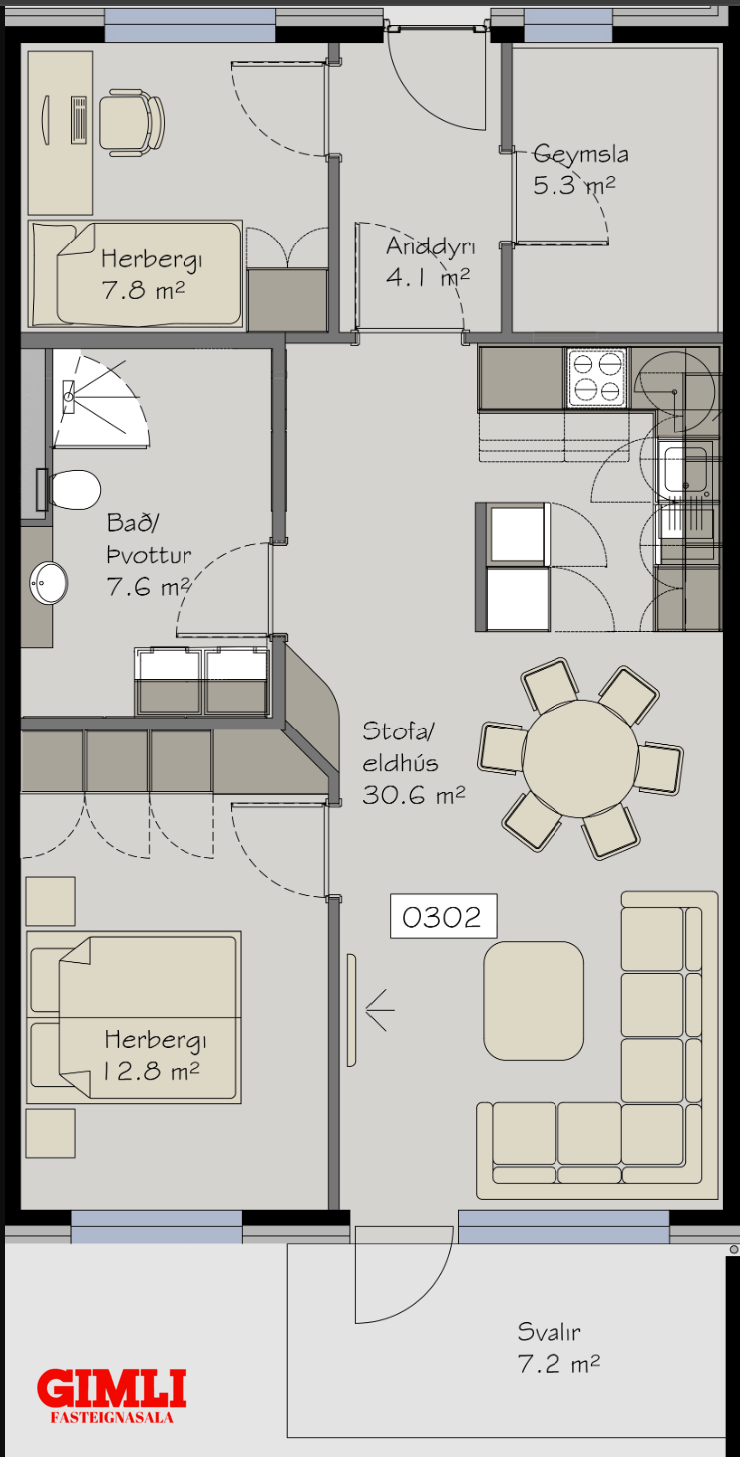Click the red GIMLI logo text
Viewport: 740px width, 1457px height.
(x=112, y=1387)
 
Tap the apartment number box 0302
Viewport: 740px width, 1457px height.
(x=443, y=916)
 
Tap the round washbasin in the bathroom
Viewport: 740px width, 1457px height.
(x=48, y=583)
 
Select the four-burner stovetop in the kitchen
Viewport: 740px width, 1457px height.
(x=597, y=378)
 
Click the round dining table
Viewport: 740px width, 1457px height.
(x=580, y=758)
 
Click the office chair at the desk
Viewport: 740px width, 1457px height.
(x=131, y=123)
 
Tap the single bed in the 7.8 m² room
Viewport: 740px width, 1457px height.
(x=136, y=273)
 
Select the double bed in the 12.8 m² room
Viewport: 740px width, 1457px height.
(x=134, y=1017)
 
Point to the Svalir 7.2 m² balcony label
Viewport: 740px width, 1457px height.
(x=558, y=1347)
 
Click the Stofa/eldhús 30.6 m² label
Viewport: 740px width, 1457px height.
(x=414, y=763)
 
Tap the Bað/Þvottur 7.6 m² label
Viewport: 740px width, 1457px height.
(x=149, y=555)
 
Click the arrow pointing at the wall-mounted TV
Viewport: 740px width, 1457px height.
(x=380, y=1010)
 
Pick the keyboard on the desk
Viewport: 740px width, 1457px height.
(x=79, y=119)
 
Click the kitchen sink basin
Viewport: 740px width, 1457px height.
(x=685, y=469)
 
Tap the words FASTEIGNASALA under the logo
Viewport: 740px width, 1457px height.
(x=112, y=1417)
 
